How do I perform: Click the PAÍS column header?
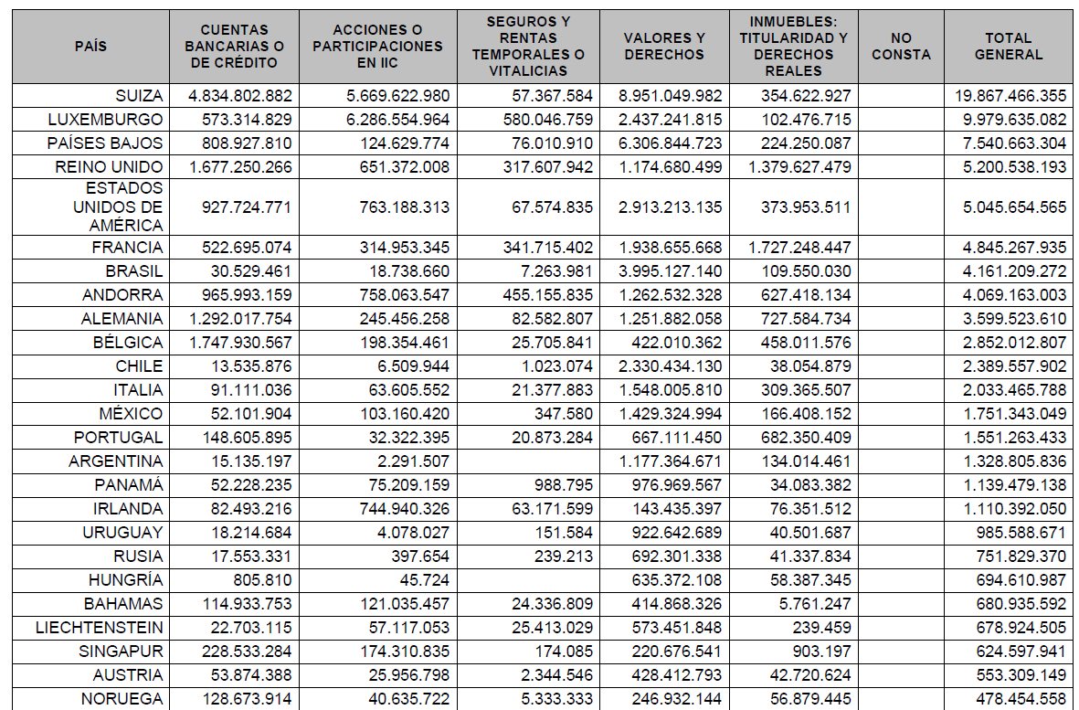[x=90, y=47]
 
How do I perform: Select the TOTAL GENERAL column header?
[x=1008, y=47]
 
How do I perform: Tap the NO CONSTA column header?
[x=901, y=47]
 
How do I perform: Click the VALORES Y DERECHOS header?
[x=664, y=47]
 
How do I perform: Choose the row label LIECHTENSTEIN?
[x=100, y=628]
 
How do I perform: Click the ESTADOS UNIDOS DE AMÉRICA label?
[x=119, y=207]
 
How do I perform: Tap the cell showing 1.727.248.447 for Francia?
[x=794, y=248]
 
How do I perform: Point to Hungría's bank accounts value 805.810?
[x=262, y=580]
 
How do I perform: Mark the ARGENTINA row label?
[x=122, y=461]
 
